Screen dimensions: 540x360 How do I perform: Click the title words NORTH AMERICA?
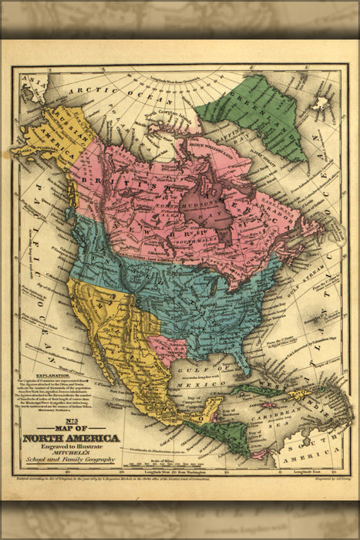[71, 438]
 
